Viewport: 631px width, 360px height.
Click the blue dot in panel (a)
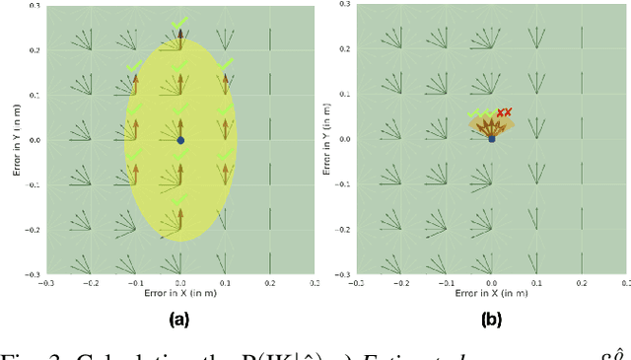[180, 140]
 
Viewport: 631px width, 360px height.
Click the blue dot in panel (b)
[492, 139]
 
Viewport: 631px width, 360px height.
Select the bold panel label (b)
[491, 319]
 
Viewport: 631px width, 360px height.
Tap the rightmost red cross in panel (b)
[510, 112]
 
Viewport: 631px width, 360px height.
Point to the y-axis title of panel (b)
[328, 140]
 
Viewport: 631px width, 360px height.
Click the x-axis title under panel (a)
[179, 294]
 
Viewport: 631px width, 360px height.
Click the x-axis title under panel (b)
[491, 293]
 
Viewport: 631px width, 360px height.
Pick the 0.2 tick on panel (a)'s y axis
[35, 49]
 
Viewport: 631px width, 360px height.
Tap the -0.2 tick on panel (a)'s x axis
[91, 284]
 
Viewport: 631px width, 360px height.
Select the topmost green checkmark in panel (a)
[179, 22]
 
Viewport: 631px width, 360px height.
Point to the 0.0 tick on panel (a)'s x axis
[180, 284]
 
